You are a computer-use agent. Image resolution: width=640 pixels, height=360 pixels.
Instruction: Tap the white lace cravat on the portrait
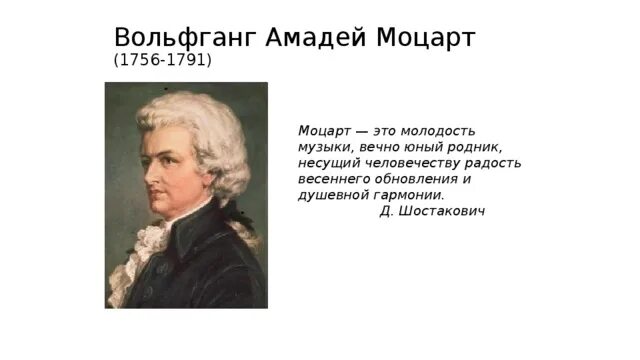[x=152, y=240]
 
